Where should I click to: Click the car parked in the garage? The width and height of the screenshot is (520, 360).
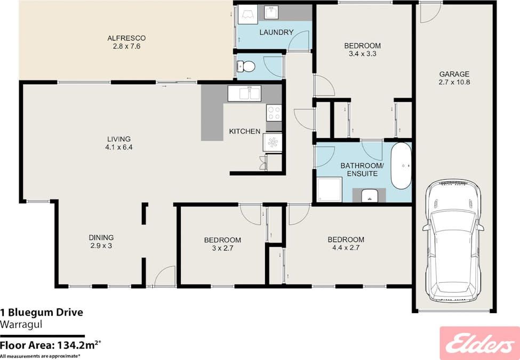coord(453,241)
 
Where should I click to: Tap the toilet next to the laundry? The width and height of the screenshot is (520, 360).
coord(246,67)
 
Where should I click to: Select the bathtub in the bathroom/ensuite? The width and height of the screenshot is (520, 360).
coord(401,166)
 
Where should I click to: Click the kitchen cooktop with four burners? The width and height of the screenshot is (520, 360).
coord(274,113)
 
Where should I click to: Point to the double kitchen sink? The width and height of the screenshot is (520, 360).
coord(244,93)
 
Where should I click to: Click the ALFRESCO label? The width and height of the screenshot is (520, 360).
coord(126,38)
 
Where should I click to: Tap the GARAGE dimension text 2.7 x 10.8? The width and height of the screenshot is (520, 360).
coord(454,82)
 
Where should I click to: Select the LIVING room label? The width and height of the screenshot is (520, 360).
coord(119,139)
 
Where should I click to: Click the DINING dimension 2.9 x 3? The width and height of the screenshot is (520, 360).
coord(101,246)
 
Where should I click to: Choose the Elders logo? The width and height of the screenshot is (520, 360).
coord(479,343)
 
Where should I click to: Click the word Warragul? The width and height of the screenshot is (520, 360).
coord(21,324)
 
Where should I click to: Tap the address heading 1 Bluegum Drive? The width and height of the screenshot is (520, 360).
coord(42,312)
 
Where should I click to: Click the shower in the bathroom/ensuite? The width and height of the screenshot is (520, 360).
coord(329,189)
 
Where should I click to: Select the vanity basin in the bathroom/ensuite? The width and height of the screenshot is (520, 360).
coord(369,195)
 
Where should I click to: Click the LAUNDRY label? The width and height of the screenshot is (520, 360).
coord(276,33)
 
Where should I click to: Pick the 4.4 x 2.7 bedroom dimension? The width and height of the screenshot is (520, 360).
coord(346,247)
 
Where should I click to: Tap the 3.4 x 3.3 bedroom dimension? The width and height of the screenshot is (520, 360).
coord(363,54)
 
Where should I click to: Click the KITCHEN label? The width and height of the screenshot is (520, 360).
coord(245,132)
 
